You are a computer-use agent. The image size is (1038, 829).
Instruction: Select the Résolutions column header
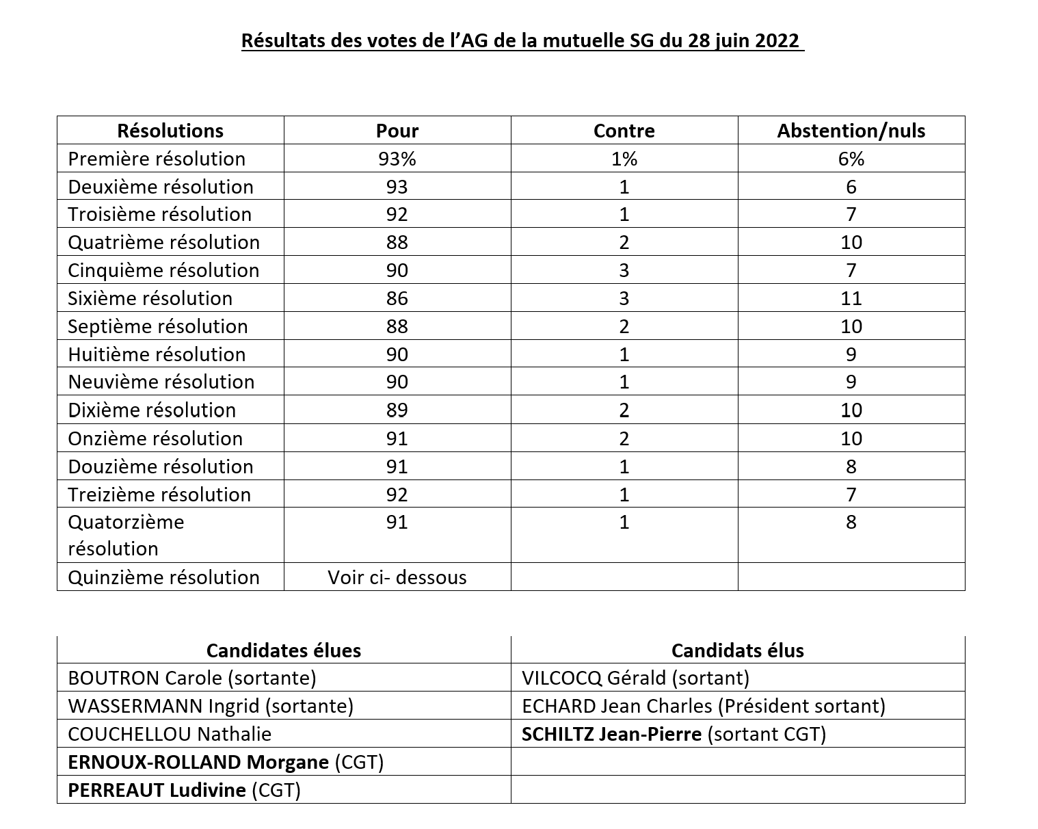pyautogui.click(x=170, y=131)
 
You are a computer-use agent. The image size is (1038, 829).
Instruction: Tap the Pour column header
pyautogui.click(x=397, y=131)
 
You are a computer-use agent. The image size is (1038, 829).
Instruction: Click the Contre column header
pyautogui.click(x=624, y=131)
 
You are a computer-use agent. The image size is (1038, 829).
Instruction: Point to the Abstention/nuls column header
pyautogui.click(x=851, y=131)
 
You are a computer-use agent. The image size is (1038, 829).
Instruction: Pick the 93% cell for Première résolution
pyautogui.click(x=397, y=159)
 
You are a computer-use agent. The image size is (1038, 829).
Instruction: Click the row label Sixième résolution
pyautogui.click(x=150, y=298)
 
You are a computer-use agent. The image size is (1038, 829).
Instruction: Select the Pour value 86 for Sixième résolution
pyautogui.click(x=397, y=298)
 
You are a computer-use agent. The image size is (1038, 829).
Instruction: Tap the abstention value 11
pyautogui.click(x=851, y=298)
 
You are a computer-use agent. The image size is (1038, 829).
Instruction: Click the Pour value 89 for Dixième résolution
pyautogui.click(x=397, y=410)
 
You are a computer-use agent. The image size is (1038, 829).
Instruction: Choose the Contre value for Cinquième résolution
pyautogui.click(x=624, y=270)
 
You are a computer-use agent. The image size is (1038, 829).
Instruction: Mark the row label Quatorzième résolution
pyautogui.click(x=127, y=535)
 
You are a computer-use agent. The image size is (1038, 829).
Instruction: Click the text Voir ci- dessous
pyautogui.click(x=397, y=577)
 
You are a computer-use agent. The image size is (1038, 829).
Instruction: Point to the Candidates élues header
pyautogui.click(x=284, y=650)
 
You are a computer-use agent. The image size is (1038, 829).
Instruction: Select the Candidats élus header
pyautogui.click(x=737, y=650)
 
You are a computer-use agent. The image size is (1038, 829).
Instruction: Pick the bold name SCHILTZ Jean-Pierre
pyautogui.click(x=611, y=734)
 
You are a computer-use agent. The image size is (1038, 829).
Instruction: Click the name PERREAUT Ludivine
pyautogui.click(x=157, y=790)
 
